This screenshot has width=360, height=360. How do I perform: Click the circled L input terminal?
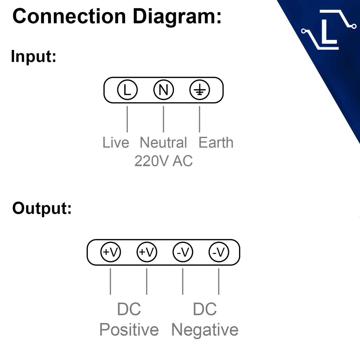[127, 90]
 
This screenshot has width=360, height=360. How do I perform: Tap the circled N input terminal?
[163, 90]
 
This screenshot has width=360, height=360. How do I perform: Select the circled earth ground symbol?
[200, 90]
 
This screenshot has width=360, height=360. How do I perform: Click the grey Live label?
[116, 143]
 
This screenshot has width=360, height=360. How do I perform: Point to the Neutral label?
[163, 143]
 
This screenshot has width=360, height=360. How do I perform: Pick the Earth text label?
[216, 143]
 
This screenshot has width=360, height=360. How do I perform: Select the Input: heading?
[34, 56]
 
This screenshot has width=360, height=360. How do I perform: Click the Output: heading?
[42, 208]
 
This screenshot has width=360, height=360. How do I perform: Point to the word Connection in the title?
[69, 17]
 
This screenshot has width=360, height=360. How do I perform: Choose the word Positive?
[129, 330]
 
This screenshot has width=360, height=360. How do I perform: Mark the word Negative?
[205, 330]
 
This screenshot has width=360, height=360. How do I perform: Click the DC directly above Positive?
[129, 309]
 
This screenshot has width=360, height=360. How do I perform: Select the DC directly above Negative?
[205, 309]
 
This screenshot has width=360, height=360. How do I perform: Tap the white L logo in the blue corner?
[328, 30]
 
